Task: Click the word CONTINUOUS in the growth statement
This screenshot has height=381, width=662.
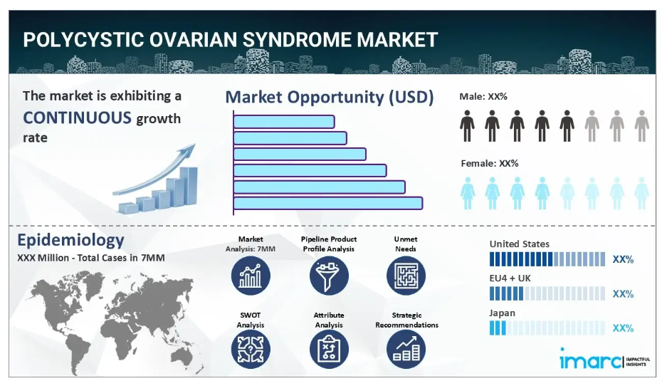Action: click(x=77, y=118)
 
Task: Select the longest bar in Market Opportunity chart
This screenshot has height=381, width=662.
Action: click(x=328, y=203)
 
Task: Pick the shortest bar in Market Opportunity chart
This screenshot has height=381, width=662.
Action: click(x=284, y=122)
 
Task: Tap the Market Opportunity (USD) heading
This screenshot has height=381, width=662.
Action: click(x=330, y=97)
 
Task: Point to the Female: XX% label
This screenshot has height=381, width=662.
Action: click(x=489, y=164)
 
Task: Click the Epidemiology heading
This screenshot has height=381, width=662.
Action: click(x=70, y=240)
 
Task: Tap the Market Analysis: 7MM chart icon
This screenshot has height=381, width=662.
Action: click(x=251, y=276)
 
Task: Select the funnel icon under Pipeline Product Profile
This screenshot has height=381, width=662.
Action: click(x=329, y=276)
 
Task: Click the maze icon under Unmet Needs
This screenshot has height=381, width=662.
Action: click(x=406, y=276)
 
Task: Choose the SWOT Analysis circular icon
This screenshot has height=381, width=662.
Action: click(x=251, y=349)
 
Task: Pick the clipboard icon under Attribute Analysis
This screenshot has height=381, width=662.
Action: click(x=329, y=349)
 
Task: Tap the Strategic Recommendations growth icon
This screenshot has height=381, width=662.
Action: click(x=406, y=349)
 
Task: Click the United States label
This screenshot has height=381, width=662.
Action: click(x=520, y=244)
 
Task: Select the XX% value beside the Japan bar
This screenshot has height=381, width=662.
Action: click(x=623, y=328)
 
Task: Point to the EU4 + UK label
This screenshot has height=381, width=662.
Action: click(x=510, y=278)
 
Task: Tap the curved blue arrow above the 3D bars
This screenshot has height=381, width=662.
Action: click(x=154, y=169)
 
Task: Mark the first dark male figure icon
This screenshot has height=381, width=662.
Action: click(x=467, y=126)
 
